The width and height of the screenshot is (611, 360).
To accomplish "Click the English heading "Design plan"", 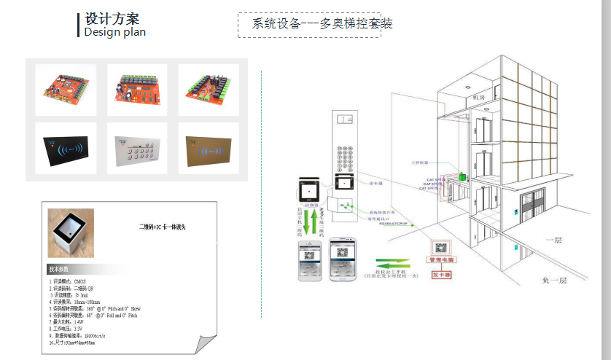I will (114, 31).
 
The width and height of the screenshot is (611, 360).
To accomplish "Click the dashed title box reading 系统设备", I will (309, 24).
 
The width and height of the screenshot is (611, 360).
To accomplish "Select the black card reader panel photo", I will (66, 149).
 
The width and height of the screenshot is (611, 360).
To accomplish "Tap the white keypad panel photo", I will (137, 149).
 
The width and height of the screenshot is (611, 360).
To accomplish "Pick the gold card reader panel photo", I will (208, 149).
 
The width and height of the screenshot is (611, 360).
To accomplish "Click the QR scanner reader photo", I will (71, 232).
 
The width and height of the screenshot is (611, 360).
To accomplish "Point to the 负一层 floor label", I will (556, 279).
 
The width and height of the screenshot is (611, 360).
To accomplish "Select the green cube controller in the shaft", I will (462, 176).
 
